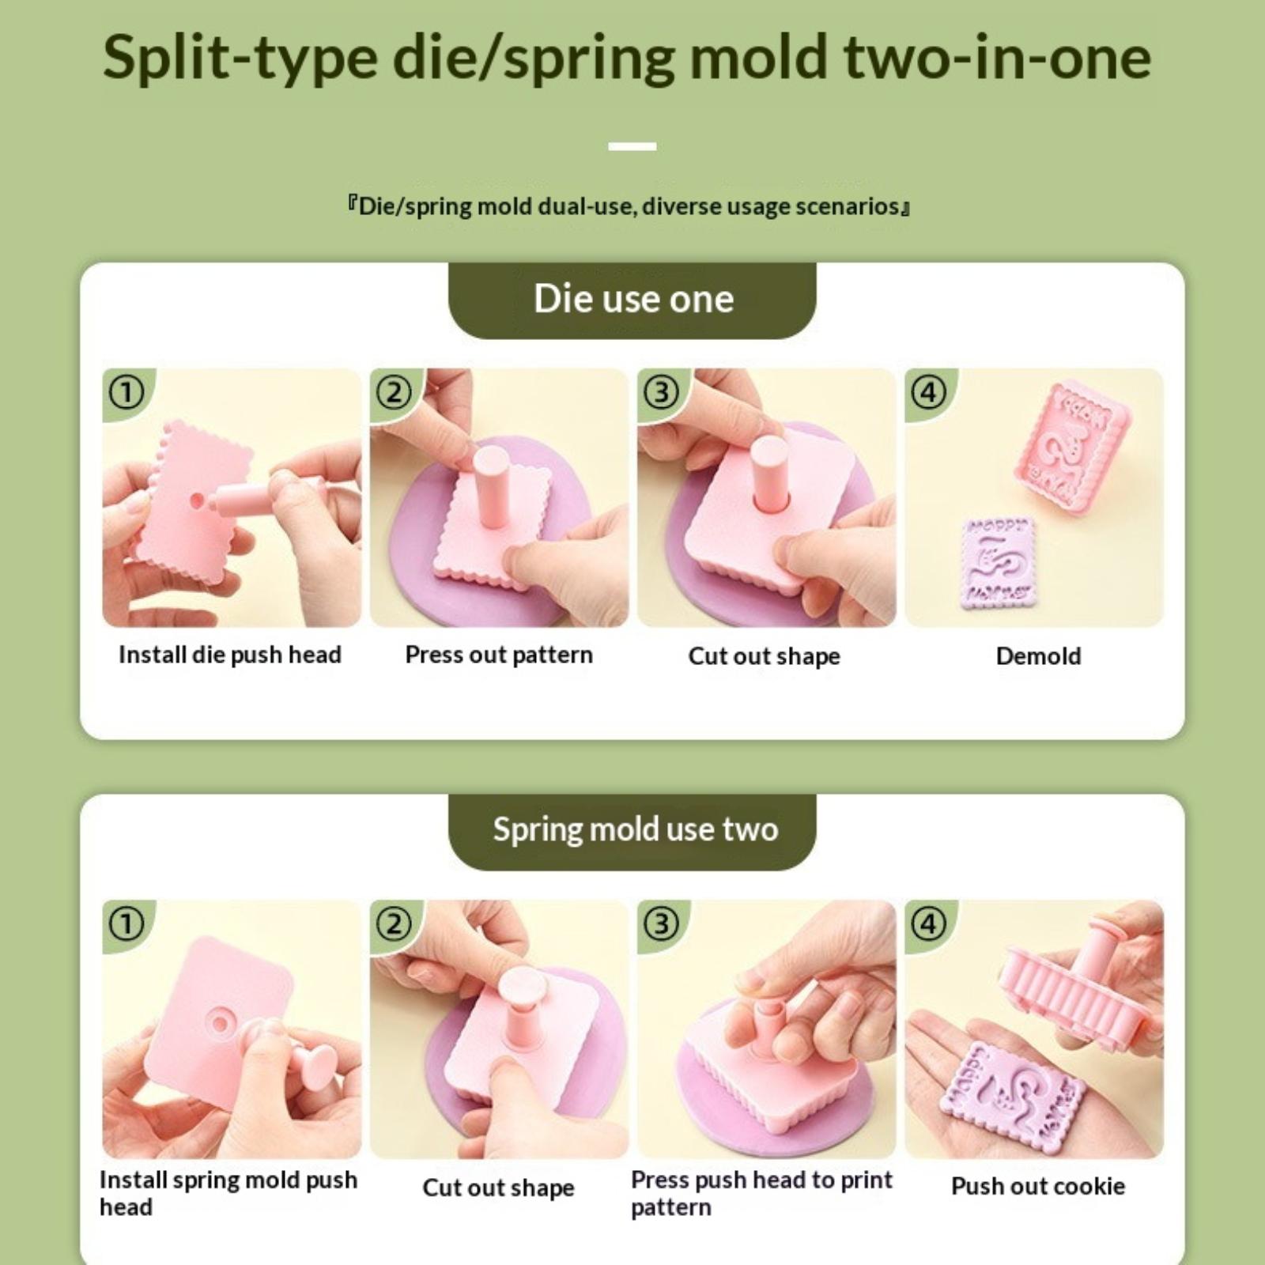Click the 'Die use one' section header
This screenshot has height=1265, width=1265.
pos(633,299)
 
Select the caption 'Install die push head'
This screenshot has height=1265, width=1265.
pos(230,655)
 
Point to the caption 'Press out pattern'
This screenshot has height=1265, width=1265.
pos(499,655)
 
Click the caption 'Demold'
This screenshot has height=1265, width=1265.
pos(1038,655)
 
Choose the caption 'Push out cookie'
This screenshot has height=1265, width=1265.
pos(1038,1186)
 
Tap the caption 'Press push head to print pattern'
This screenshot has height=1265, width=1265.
pos(761,1193)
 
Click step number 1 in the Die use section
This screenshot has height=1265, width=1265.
pos(126,392)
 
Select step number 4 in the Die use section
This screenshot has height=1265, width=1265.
pos(929,392)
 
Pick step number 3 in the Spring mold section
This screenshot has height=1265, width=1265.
pos(662,923)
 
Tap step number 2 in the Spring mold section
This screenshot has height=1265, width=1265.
pos(395,923)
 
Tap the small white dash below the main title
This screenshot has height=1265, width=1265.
pos(632,146)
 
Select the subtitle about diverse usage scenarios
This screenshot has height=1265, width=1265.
pos(629,207)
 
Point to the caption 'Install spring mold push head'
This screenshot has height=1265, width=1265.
pos(228,1193)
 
